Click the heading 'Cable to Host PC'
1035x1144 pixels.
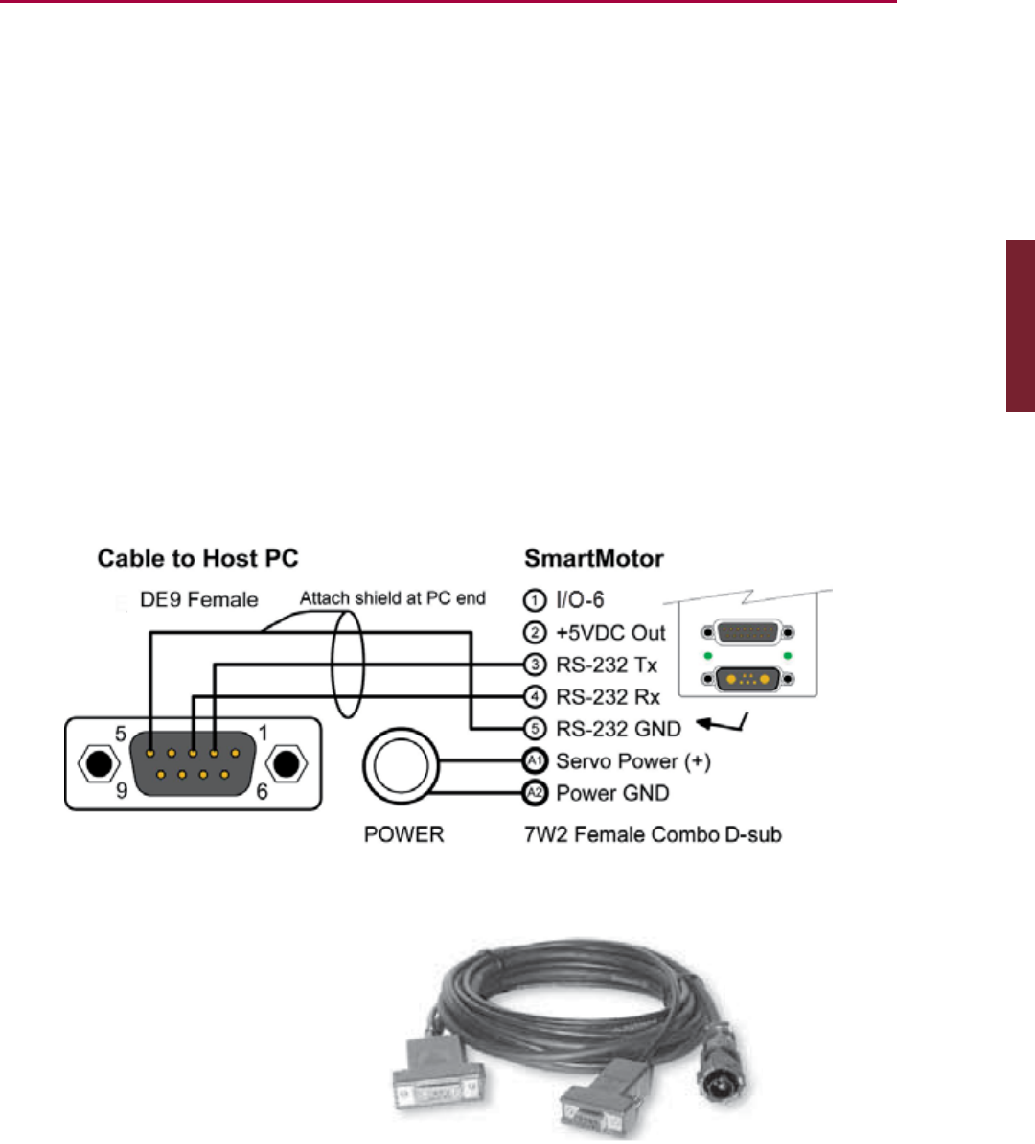point(197,558)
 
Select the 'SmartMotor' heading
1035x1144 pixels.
point(593,558)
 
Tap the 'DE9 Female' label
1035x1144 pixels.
point(198,600)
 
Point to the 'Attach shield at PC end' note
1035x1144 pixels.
point(392,598)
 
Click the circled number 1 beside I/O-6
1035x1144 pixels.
point(534,600)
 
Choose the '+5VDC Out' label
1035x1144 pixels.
point(610,633)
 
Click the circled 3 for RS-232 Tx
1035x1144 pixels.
point(535,665)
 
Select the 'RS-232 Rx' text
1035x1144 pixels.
point(608,697)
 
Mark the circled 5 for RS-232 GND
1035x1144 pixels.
point(535,729)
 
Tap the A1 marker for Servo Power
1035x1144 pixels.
point(534,761)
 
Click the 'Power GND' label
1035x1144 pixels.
point(612,793)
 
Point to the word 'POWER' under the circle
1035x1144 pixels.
point(403,834)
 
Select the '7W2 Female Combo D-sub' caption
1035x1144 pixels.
point(653,834)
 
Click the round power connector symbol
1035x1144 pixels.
point(401,766)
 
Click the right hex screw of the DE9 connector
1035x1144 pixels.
point(285,764)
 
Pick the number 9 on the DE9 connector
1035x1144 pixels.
point(121,792)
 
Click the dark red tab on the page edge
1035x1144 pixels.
point(1020,326)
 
